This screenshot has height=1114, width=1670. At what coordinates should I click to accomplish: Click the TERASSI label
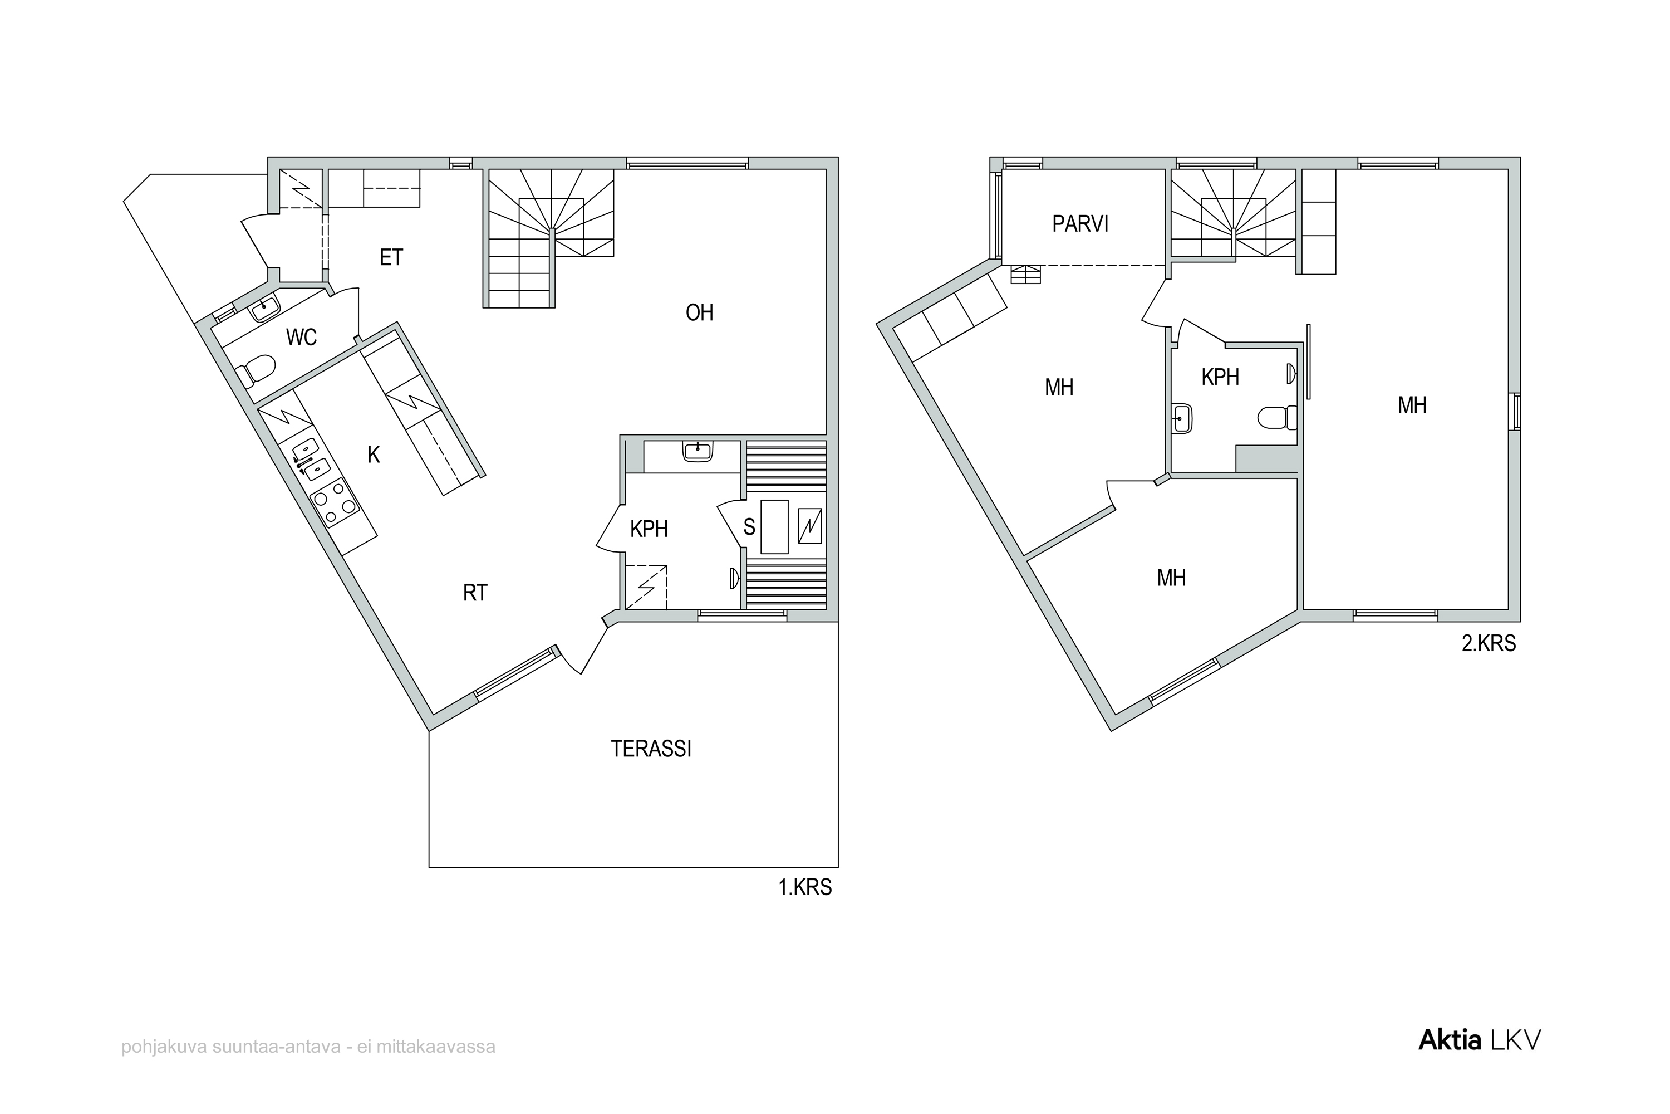(x=651, y=749)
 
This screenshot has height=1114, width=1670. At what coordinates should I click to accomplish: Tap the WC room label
(x=301, y=337)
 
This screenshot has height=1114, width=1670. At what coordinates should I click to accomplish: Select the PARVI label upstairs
(x=1080, y=224)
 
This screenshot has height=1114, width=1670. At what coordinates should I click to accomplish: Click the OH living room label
(x=699, y=312)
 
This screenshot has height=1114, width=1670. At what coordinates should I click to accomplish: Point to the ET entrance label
(x=391, y=257)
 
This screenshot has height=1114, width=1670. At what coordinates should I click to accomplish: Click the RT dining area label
(x=475, y=593)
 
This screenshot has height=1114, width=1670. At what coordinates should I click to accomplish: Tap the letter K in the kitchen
(x=374, y=455)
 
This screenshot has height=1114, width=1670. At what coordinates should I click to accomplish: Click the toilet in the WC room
(x=255, y=371)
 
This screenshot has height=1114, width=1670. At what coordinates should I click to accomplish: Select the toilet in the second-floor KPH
(x=1278, y=418)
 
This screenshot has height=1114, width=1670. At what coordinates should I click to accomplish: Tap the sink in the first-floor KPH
(x=698, y=451)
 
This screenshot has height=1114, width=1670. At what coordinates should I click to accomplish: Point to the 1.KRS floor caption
(x=804, y=887)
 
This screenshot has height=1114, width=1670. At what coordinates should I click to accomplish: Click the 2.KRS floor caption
(x=1488, y=644)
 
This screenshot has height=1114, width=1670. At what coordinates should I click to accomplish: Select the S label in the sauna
(x=749, y=526)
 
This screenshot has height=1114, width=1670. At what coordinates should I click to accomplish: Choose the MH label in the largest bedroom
(x=1412, y=405)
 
